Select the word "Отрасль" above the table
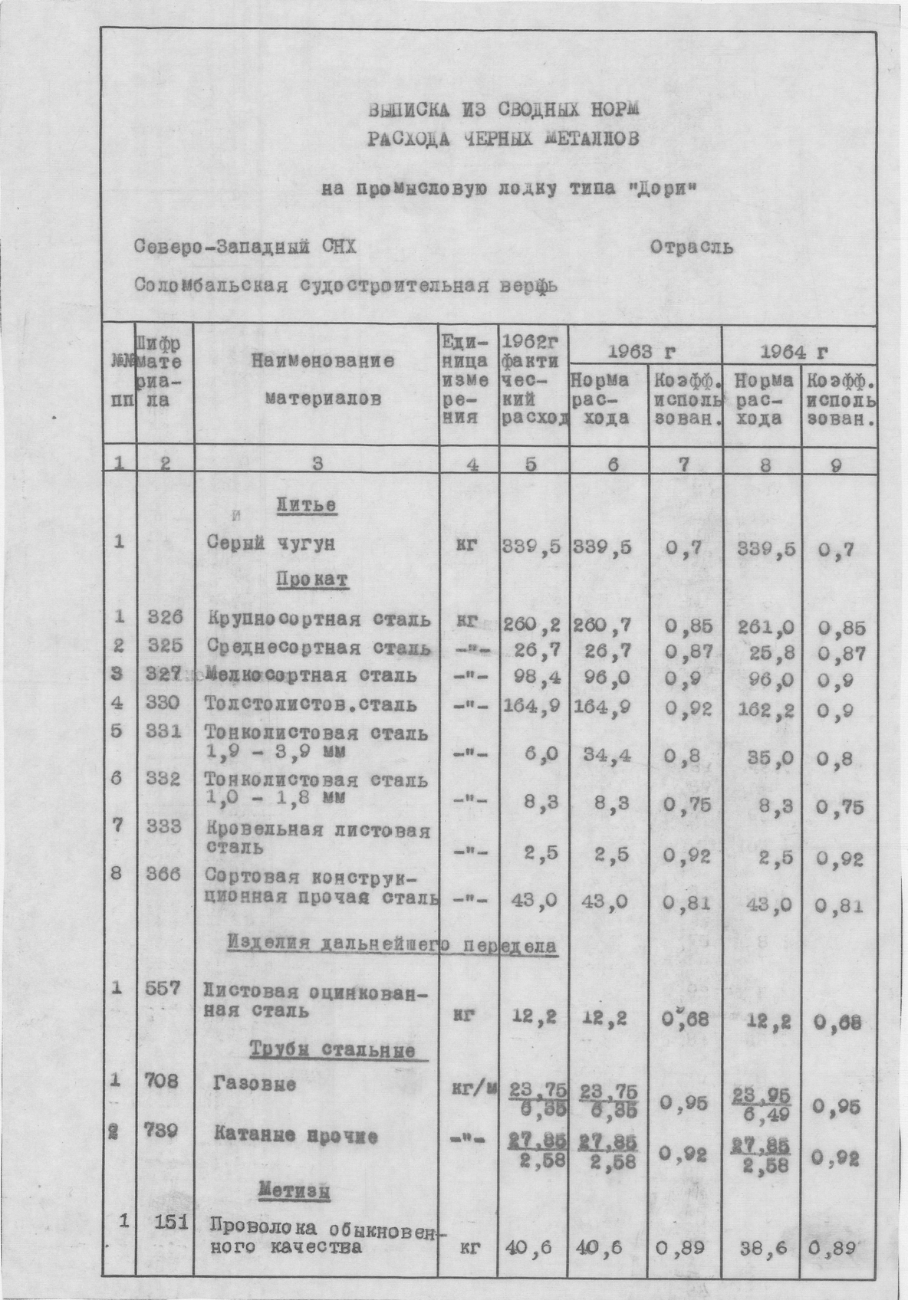[691, 247]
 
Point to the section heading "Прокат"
[313, 580]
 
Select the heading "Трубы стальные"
[333, 1050]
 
